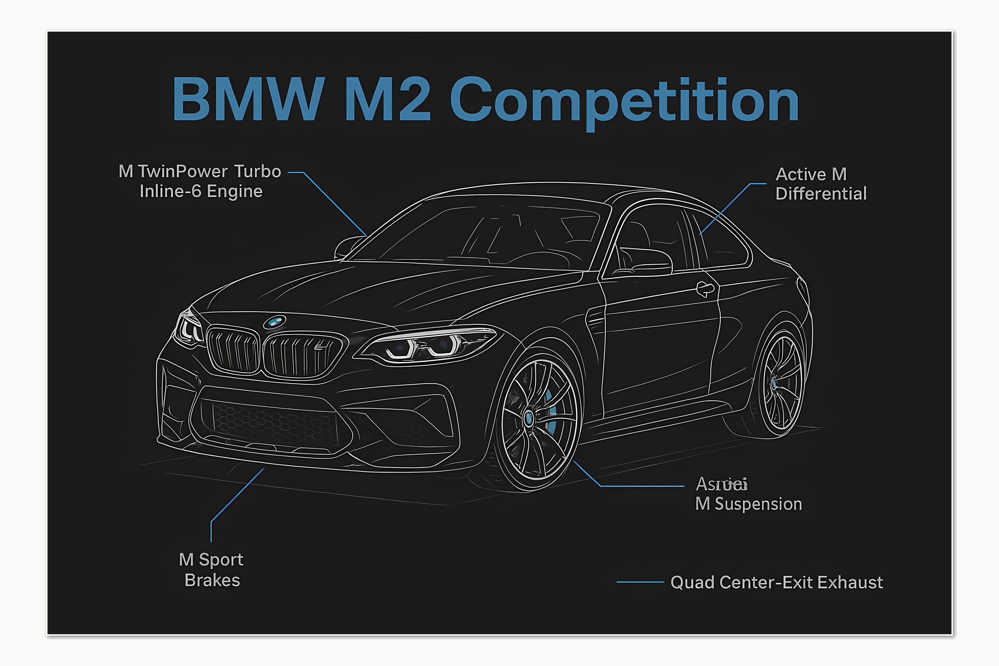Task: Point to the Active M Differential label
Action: click(820, 184)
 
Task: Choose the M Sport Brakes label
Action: click(211, 569)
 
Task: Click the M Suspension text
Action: click(748, 504)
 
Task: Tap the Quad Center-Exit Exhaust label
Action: click(777, 582)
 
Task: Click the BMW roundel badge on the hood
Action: click(275, 322)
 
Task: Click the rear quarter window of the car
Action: click(722, 242)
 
